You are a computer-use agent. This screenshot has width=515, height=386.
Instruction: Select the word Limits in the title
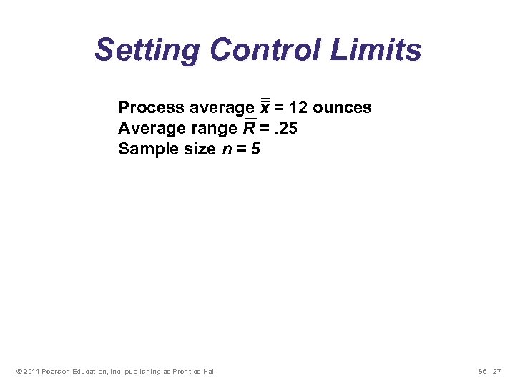(x=383, y=51)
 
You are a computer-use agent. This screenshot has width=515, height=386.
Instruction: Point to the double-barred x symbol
(x=265, y=107)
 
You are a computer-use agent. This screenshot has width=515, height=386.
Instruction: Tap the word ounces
(x=342, y=108)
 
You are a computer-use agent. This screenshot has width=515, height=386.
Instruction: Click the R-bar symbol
(x=250, y=128)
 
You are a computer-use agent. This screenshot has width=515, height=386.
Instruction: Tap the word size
(x=197, y=149)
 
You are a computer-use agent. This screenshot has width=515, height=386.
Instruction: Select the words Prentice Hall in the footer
(x=193, y=371)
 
